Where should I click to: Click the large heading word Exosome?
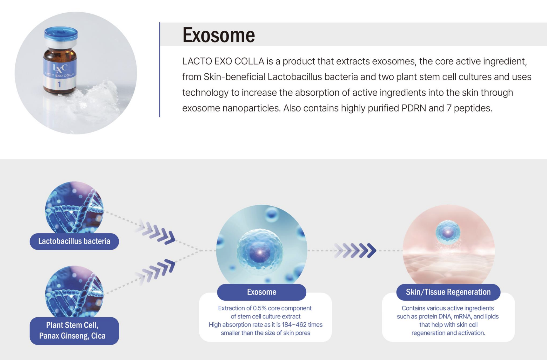pyautogui.click(x=219, y=35)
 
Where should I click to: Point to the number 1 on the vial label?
pyautogui.click(x=59, y=84)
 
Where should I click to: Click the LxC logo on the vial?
pyautogui.click(x=60, y=68)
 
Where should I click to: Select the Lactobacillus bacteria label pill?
pyautogui.click(x=74, y=241)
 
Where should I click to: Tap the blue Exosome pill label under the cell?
pyautogui.click(x=262, y=292)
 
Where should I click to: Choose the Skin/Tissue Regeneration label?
pyautogui.click(x=448, y=292)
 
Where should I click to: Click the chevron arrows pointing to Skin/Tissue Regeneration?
pyautogui.click(x=355, y=250)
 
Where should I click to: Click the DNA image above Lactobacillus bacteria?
pyautogui.click(x=74, y=208)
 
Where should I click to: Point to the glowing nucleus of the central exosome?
pyautogui.click(x=259, y=252)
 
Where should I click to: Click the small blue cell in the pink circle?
pyautogui.click(x=448, y=232)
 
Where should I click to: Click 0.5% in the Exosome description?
pyautogui.click(x=260, y=308)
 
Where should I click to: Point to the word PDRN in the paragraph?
pyautogui.click(x=414, y=108)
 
